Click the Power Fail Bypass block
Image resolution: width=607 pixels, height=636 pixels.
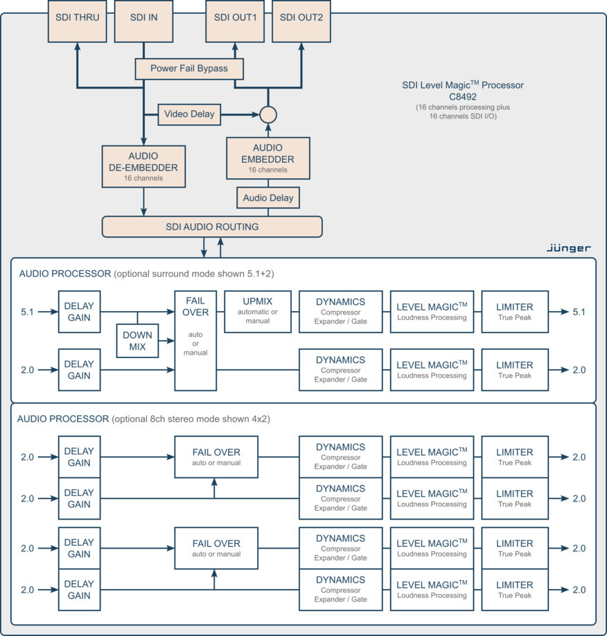pos(189,69)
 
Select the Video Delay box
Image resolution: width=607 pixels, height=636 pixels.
pos(189,114)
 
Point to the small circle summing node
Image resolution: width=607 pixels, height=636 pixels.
pos(267,114)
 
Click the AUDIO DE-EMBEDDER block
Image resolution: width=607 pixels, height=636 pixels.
pos(143,166)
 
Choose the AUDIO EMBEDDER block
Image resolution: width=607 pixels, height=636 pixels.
pos(267,159)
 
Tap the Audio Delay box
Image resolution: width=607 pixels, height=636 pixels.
pos(267,198)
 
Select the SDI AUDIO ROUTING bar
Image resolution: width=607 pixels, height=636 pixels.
pos(212,227)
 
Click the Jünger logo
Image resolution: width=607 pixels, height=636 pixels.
pos(568,247)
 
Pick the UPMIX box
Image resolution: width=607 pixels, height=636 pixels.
pos(257,312)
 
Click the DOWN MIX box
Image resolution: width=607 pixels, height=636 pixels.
pos(138,340)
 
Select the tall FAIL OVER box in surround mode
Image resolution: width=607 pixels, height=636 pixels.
pos(195,340)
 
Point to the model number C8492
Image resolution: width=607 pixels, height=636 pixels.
pos(463,97)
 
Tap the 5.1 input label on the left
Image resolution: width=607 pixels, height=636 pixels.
pos(28,312)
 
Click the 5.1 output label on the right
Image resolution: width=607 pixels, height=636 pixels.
pos(579,312)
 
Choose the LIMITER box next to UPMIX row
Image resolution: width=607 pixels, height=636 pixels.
pos(515,312)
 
